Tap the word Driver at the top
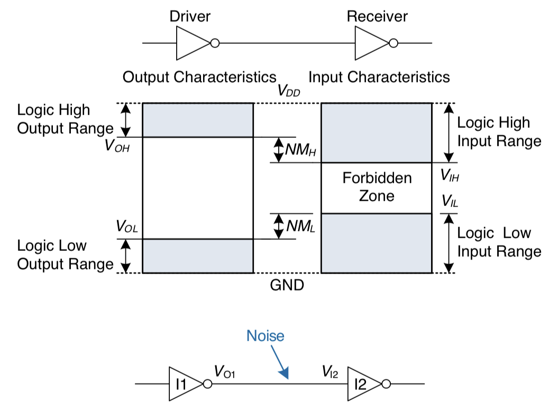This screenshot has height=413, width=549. point(189,16)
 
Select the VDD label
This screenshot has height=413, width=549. point(290,90)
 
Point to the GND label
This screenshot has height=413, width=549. point(287,286)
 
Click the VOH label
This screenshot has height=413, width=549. point(117,145)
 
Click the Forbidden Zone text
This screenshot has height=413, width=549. point(377,186)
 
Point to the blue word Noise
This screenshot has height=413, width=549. point(266,336)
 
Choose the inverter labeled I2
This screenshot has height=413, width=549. point(362,384)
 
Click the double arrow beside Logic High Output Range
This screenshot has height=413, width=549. point(125,120)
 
